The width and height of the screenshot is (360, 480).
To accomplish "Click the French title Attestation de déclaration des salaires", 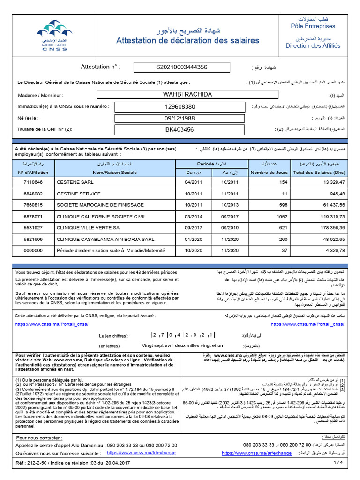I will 187,41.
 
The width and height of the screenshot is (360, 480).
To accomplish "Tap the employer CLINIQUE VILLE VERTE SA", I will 88,228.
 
